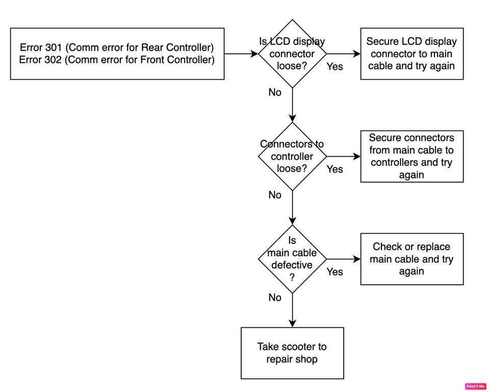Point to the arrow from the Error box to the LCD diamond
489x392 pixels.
click(x=241, y=54)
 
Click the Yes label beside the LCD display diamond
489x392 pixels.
click(x=334, y=66)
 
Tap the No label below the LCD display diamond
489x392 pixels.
click(x=275, y=92)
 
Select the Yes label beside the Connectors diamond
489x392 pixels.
click(x=334, y=169)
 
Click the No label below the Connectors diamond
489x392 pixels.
click(x=275, y=195)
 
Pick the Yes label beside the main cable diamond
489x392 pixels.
click(x=334, y=272)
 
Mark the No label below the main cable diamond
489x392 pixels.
click(x=275, y=298)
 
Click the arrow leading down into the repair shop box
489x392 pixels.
click(x=292, y=310)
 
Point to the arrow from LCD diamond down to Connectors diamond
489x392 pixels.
click(x=292, y=105)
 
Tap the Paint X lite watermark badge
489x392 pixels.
click(x=475, y=386)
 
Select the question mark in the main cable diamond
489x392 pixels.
click(x=292, y=277)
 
